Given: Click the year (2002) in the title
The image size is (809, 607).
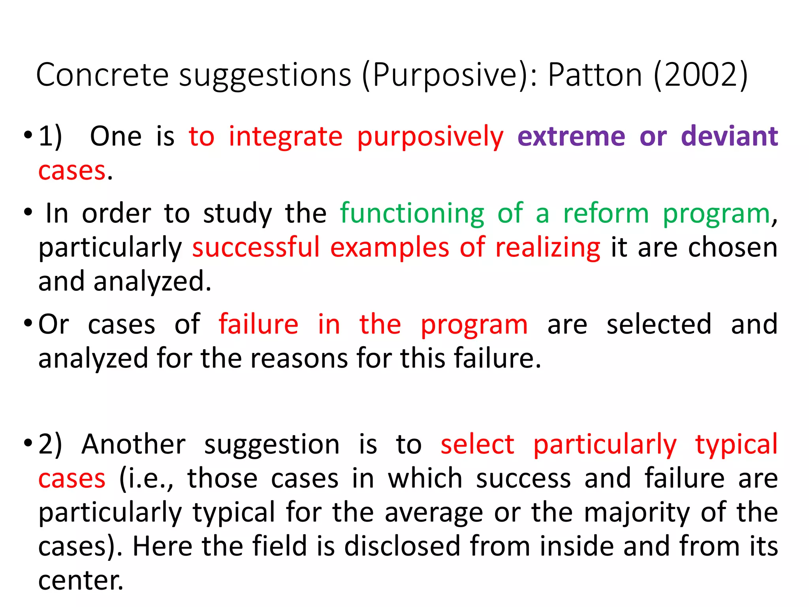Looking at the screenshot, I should pos(701,75).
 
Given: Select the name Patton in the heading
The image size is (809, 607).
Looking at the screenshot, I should pos(595,75).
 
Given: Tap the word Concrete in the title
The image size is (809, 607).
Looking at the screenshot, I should pos(102,75).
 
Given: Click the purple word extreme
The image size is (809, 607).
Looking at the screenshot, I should pos(571,136).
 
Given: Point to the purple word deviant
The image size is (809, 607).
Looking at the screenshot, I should pos(729,136).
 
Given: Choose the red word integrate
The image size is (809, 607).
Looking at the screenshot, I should pos(286,136).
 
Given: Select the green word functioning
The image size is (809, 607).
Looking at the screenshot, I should pos(412,214).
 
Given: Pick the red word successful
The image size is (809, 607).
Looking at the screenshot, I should pos(256,248).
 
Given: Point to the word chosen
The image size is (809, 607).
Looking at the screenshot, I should pos(733,248).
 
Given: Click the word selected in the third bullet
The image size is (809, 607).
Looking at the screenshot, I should pos(659,324).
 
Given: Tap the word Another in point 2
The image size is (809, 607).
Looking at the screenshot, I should pos(134,444).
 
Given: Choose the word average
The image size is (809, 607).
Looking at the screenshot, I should pos(434,513).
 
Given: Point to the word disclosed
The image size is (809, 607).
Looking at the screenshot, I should pos(402,547).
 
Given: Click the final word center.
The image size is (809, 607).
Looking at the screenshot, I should pos(81,581).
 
